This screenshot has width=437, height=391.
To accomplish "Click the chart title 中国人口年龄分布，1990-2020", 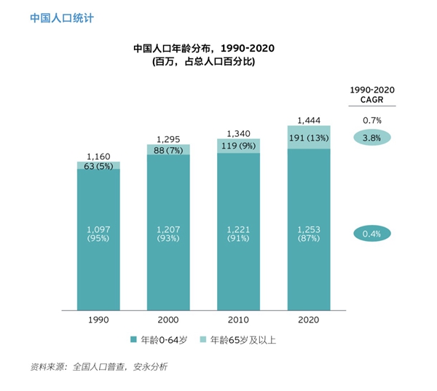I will [204, 49].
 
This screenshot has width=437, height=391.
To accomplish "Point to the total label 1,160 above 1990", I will [99, 156].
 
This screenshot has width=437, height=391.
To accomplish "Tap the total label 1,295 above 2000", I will [168, 138].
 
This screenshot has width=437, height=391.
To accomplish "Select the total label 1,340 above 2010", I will [238, 133].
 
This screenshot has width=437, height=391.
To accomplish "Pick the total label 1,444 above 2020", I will [309, 120].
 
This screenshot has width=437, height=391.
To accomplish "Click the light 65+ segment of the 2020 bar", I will [309, 137].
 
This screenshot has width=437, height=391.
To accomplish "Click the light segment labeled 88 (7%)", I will [168, 149].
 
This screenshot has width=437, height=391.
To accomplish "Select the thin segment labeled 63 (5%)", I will [99, 166].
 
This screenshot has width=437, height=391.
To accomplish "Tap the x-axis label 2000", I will [168, 320].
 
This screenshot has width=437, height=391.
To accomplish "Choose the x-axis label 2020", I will [309, 320].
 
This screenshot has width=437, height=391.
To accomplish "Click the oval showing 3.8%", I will [371, 137].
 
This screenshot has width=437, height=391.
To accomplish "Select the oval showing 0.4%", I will [371, 234].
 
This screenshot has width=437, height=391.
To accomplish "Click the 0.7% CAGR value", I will [371, 120].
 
